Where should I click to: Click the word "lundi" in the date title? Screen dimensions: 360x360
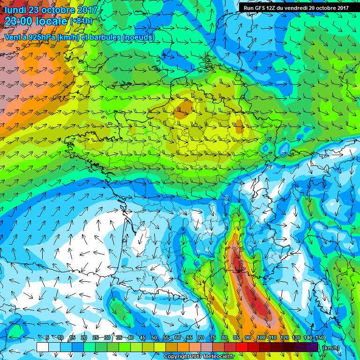pyautogui.click(x=15, y=9)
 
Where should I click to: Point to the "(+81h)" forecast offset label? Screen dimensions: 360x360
pyautogui.click(x=82, y=21)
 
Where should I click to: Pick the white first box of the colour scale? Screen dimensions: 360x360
pyautogui.click(x=43, y=347)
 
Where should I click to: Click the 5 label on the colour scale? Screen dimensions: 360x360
pyautogui.click(x=47, y=338)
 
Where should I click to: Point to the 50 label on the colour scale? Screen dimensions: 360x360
pyautogui.click(x=154, y=338)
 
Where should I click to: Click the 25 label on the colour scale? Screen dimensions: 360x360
pyautogui.click(x=95, y=338)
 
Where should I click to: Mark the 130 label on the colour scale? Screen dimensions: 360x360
pyautogui.click(x=296, y=338)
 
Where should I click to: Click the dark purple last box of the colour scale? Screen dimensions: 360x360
pyautogui.click(x=313, y=347)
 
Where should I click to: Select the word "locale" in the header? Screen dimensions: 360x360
pyautogui.click(x=52, y=22)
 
